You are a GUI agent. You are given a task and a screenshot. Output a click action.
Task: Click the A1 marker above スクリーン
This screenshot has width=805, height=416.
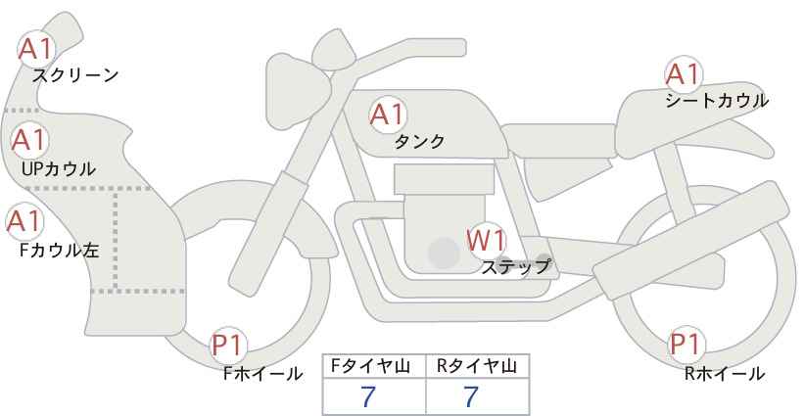[x=36, y=49]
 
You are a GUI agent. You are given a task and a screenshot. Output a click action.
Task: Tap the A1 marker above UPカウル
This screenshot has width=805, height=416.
[x=29, y=140]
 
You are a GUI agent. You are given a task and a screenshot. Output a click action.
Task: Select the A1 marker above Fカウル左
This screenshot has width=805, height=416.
[x=24, y=221]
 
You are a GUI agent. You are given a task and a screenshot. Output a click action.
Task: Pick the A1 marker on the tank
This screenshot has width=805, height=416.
[x=388, y=115]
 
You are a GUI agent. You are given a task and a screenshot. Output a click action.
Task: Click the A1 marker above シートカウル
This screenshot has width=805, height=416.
[x=684, y=73]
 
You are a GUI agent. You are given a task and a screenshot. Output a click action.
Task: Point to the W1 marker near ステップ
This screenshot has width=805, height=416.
[x=487, y=240]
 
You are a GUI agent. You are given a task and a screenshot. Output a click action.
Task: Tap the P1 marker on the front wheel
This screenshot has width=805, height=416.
[x=227, y=346]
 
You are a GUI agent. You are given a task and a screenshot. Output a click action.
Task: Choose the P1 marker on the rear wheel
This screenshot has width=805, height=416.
[x=687, y=344]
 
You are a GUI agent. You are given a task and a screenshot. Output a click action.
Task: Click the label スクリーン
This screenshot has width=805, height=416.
[x=75, y=76]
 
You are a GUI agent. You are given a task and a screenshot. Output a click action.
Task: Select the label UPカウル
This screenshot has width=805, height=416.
[x=59, y=168]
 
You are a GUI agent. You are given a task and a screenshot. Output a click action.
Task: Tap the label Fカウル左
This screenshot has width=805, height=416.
[x=59, y=251]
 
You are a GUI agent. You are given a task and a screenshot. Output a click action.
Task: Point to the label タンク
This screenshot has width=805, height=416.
[x=419, y=142]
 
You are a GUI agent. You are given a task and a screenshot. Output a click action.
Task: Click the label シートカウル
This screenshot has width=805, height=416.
[x=717, y=100]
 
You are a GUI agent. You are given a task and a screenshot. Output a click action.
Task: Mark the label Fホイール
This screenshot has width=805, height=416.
[x=262, y=374]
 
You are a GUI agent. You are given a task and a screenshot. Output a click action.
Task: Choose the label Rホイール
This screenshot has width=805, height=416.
[x=725, y=373]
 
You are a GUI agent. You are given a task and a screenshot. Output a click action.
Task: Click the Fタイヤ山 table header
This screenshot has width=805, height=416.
[x=370, y=366]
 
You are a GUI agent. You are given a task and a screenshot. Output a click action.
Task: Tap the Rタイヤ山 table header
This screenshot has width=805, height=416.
[x=477, y=366]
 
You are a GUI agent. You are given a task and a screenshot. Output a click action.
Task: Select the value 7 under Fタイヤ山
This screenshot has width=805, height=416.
[x=368, y=396]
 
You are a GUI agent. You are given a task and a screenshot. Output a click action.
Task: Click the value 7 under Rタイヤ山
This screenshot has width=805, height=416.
[x=471, y=396]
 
